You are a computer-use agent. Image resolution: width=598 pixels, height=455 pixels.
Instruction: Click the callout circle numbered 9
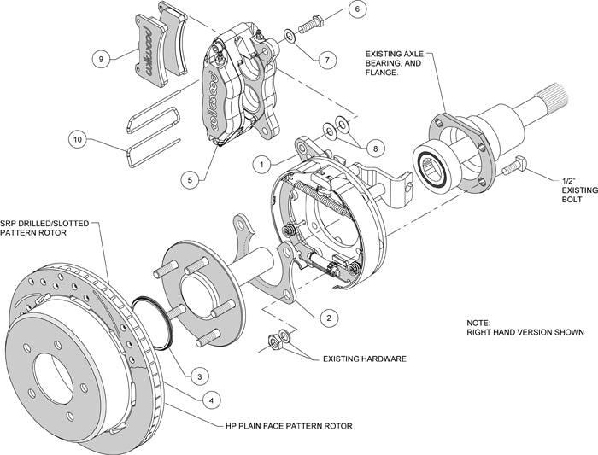(102, 59)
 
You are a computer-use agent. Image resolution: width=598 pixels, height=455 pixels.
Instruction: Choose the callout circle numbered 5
(189, 179)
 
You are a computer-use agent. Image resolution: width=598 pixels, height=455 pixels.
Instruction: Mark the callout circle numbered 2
(325, 318)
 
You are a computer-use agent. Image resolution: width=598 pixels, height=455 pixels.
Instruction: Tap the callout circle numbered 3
(196, 375)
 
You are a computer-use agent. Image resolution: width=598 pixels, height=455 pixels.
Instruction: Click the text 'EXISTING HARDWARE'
(364, 359)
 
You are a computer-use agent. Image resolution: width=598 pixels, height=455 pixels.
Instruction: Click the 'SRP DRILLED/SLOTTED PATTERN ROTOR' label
(44, 227)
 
